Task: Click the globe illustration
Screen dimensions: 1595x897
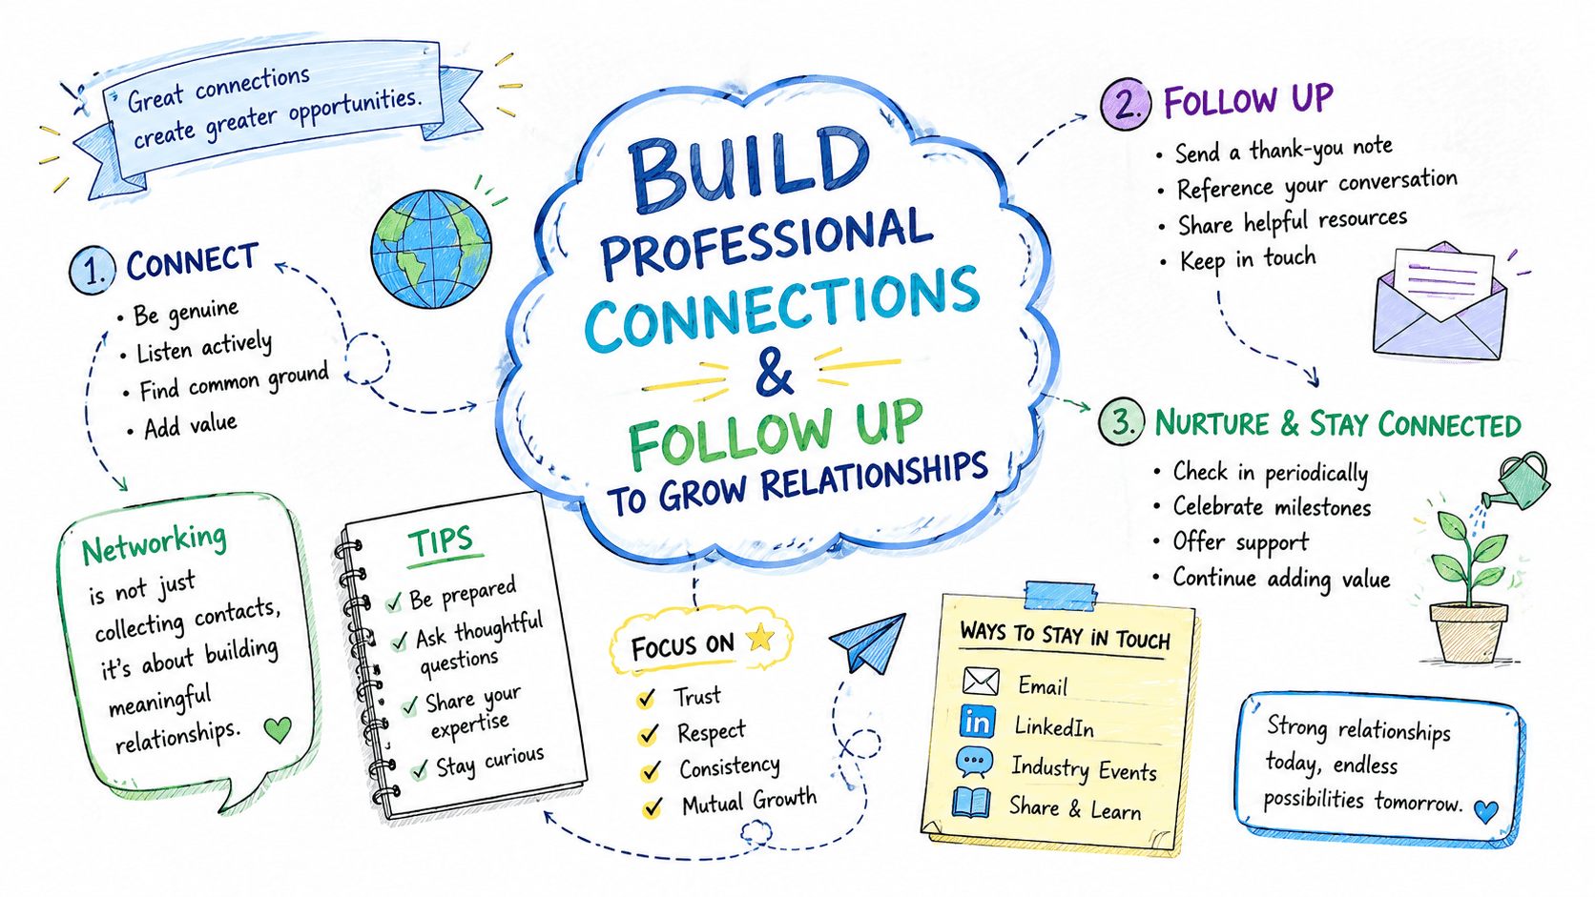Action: (431, 249)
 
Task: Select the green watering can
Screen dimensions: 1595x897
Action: (1519, 480)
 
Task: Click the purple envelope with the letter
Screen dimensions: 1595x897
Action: (1440, 301)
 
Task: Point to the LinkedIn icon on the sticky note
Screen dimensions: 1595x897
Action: (978, 723)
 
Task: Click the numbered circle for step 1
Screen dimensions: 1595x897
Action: (93, 271)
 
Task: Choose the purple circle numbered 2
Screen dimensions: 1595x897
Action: (1125, 104)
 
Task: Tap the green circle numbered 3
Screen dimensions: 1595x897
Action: (1122, 421)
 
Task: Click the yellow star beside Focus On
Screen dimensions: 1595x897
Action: (760, 638)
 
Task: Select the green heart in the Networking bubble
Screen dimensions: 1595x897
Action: (277, 730)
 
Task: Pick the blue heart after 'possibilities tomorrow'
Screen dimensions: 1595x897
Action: (1485, 811)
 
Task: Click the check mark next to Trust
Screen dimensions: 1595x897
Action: (647, 700)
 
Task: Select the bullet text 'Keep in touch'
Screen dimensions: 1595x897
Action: (1248, 259)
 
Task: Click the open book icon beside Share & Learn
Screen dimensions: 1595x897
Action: (971, 804)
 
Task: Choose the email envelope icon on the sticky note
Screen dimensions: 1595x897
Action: (981, 682)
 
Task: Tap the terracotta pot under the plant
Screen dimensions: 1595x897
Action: (1467, 633)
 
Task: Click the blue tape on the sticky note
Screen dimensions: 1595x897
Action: (1060, 596)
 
